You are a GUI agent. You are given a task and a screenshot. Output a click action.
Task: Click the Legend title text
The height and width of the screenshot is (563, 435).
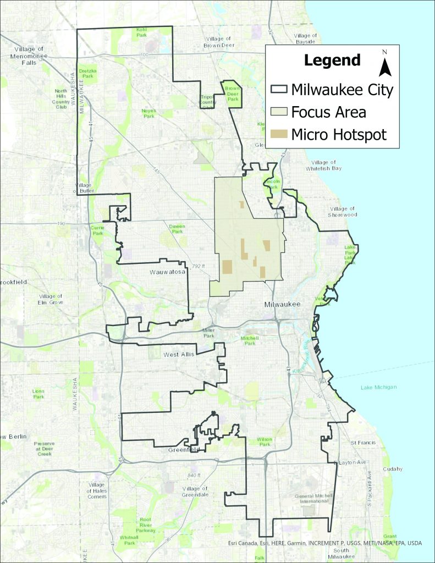pos(332,60)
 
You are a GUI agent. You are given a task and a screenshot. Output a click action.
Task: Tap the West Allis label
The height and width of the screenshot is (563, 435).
pos(179,355)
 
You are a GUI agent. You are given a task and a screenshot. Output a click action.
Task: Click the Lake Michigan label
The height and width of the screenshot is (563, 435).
pos(378,388)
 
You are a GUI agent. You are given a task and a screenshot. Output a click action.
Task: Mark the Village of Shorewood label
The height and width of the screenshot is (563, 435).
pos(343,212)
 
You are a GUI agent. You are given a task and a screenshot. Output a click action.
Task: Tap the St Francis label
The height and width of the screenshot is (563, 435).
pos(362,443)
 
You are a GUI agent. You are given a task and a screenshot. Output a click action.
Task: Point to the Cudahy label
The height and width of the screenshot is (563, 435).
pos(393,469)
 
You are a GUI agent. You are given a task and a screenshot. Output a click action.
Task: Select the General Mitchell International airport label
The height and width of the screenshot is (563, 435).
pos(315,499)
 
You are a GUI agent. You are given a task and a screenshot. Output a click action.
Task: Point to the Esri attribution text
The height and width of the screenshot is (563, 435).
pos(324,543)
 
